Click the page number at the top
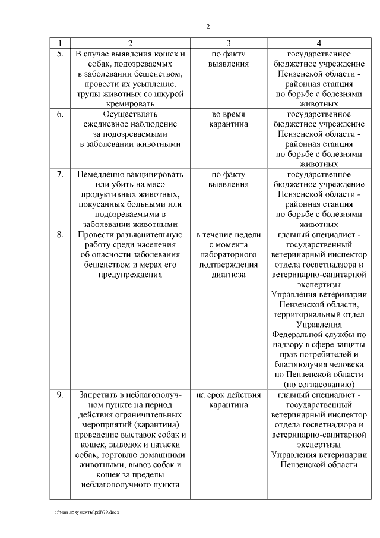pyautogui.click(x=208, y=27)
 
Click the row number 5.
pyautogui.click(x=60, y=54)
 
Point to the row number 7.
pyautogui.click(x=60, y=175)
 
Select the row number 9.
pyautogui.click(x=60, y=395)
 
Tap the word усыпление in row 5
pyautogui.click(x=151, y=84)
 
